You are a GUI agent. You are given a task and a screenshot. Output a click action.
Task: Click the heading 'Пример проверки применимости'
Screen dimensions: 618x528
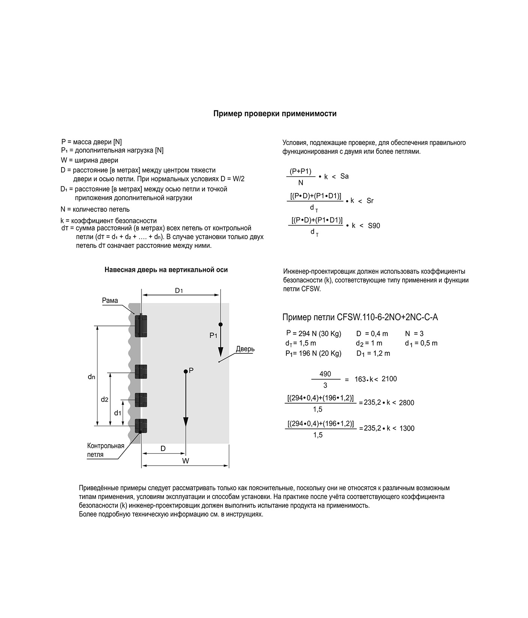[275, 114]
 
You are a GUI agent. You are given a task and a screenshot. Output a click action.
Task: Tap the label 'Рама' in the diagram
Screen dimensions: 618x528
[110, 300]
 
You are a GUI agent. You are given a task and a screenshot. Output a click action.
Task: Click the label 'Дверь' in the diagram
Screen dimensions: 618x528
[245, 349]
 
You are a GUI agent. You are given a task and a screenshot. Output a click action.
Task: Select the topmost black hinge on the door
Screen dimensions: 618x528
[141, 326]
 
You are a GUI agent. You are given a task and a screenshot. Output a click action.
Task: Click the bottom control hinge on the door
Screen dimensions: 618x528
[141, 426]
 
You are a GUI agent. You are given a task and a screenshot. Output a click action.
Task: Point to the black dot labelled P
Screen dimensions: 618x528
[185, 371]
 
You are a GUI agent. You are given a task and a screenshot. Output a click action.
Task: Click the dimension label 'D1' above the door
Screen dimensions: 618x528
[179, 291]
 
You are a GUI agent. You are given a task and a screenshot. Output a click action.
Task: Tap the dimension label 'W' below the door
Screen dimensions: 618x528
[185, 461]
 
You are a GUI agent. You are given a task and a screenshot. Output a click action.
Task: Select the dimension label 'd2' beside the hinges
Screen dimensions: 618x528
[104, 400]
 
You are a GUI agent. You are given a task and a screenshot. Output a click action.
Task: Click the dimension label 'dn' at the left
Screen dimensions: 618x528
[91, 377]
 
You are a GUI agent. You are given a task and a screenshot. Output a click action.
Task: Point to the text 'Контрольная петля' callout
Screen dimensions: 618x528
[105, 450]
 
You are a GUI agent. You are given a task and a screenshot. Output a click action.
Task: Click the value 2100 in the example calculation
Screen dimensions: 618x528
[389, 379]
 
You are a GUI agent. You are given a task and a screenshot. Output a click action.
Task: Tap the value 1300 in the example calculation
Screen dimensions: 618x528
[407, 428]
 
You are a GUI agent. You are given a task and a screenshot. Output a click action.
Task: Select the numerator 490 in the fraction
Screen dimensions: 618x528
[325, 374]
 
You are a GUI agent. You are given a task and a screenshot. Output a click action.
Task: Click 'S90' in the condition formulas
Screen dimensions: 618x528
[374, 226]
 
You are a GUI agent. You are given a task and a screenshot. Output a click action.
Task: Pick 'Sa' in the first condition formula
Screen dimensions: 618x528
[344, 176]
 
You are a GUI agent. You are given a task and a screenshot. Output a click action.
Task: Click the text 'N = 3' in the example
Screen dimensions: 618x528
[414, 333]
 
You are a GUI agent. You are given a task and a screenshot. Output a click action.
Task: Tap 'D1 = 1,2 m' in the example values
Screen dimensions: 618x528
[373, 353]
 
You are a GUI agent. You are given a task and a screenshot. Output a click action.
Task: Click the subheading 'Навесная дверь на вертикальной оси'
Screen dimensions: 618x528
[166, 270]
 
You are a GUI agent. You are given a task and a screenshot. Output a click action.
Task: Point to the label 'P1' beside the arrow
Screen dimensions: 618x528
[213, 336]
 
